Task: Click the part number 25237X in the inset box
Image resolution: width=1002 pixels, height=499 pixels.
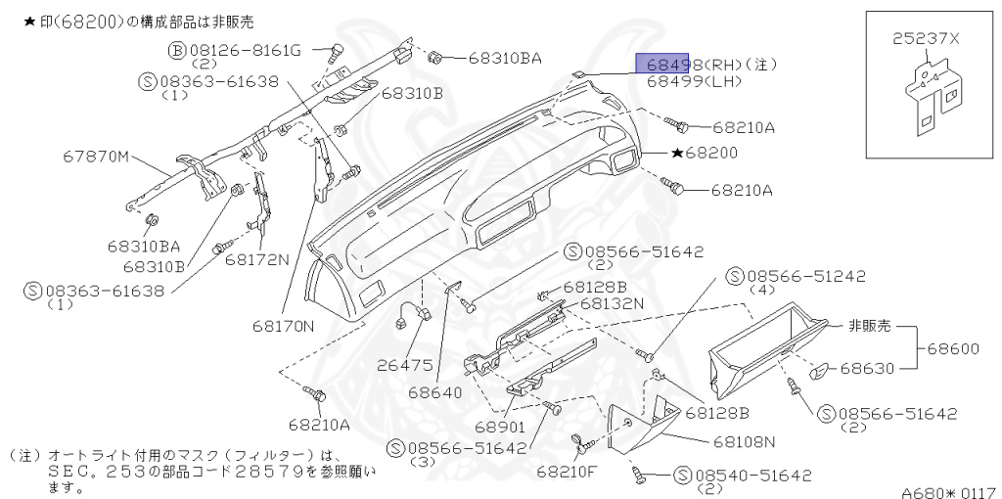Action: [926, 39]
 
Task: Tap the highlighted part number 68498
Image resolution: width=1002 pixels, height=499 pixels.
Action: [662, 65]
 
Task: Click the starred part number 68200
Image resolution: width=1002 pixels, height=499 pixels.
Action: [710, 154]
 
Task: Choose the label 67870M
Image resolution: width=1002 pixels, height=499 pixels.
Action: [96, 156]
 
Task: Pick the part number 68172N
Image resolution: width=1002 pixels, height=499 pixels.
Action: [257, 259]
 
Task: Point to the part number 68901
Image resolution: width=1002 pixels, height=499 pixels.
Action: [500, 428]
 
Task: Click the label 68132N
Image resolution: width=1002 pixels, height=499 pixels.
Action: [612, 303]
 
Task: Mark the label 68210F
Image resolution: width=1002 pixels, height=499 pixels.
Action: [566, 471]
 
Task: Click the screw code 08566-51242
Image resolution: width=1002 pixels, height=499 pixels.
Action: [806, 276]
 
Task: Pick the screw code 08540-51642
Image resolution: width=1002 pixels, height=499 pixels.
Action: [753, 476]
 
